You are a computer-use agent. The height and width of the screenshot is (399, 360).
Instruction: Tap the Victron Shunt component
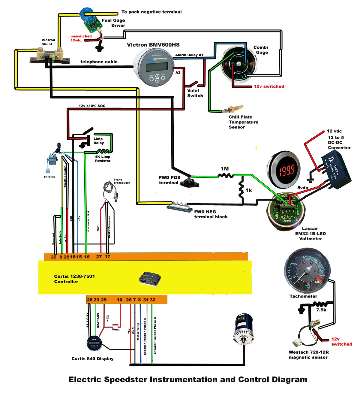click(x=50, y=57)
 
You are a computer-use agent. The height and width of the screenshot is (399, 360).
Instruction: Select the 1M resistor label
click(x=225, y=168)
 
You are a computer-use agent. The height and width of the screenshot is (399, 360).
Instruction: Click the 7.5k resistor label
click(x=321, y=310)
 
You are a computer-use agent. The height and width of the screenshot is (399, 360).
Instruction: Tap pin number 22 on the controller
click(x=54, y=257)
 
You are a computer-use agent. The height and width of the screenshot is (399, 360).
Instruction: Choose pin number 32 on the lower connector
click(x=153, y=300)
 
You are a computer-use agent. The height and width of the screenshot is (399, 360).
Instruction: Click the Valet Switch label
click(x=195, y=93)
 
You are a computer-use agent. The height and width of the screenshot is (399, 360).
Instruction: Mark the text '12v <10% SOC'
click(x=92, y=106)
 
